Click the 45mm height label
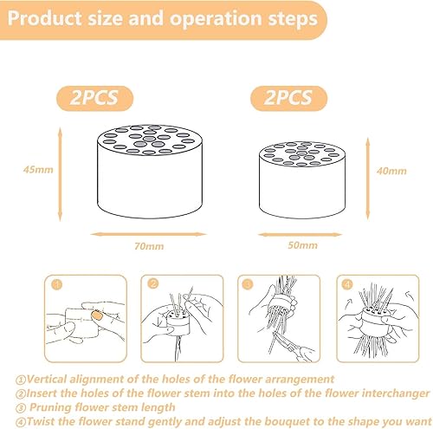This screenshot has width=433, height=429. point(38,170)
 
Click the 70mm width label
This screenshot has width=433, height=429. point(149,246)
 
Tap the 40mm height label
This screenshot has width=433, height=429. point(391,171)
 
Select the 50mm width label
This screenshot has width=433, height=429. point(302,245)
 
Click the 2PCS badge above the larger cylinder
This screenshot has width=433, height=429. point(94,98)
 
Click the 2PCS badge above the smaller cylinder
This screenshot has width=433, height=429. point(288,98)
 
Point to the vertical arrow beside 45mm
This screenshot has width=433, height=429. point(60,174)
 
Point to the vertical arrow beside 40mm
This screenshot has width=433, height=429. point(368,179)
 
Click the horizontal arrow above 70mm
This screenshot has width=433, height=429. point(149,234)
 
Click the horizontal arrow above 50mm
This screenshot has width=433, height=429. point(301,235)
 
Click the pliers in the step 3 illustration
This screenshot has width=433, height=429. point(292,347)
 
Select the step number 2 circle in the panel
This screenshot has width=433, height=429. point(153,284)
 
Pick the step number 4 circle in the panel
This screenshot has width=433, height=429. point(347,284)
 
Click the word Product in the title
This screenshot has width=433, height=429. point(45,19)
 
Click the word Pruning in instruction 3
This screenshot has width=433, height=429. point(50,407)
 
